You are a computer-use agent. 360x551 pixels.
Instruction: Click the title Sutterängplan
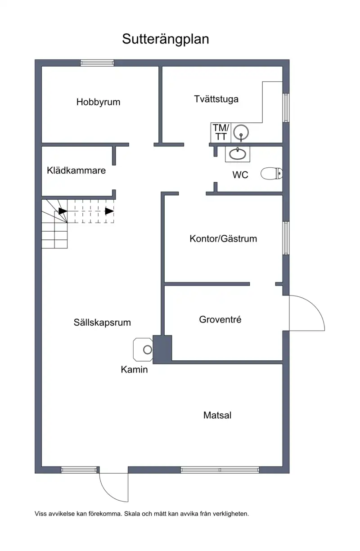coord(165,39)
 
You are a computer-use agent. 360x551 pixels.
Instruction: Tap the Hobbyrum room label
coord(98,102)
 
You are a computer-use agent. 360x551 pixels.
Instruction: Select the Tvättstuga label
coord(216,99)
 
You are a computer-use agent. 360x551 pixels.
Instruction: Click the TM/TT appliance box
coord(220,132)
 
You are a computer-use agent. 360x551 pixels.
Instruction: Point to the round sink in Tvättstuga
coord(241,132)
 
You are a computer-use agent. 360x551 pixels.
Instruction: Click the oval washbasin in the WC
coord(238,154)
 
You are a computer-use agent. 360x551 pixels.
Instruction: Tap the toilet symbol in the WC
coord(271,174)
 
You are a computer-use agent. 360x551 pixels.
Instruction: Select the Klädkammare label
coord(76,170)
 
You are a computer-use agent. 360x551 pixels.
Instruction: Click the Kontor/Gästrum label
coord(223,238)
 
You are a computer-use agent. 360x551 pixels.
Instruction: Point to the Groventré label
coord(220,319)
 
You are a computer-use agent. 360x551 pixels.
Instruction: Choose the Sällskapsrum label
coord(102,323)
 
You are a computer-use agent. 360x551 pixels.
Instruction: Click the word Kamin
coord(134,369)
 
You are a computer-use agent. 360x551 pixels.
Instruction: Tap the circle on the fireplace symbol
coord(148,349)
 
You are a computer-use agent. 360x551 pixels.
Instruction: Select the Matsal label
coord(217,415)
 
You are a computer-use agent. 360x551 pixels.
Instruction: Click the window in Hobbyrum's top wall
coord(97,63)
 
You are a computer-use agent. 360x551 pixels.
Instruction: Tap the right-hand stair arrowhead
coord(109,211)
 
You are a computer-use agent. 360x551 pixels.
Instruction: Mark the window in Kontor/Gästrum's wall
coord(286,238)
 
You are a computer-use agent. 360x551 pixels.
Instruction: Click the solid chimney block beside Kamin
coord(162,349)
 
